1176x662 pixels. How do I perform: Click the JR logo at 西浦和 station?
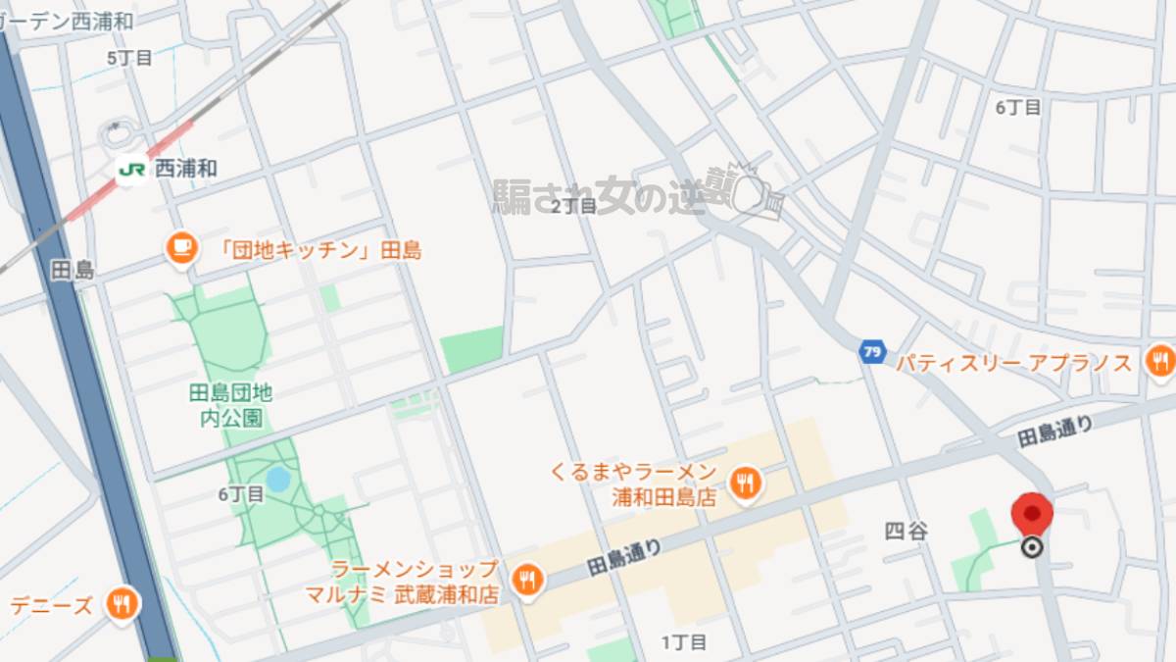[x=131, y=169]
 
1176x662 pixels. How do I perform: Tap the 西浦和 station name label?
[x=186, y=169]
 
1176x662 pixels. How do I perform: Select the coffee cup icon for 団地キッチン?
[x=180, y=249]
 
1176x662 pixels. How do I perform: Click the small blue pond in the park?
[x=278, y=480]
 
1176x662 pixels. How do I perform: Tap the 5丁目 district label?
[x=129, y=58]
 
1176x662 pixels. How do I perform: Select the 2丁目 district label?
[x=573, y=206]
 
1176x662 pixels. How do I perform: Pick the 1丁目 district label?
[x=683, y=642]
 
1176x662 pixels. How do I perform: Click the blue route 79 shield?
[x=871, y=351]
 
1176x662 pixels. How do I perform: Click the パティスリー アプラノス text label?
[x=1014, y=364]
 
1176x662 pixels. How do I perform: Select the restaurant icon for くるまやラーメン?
[x=747, y=484]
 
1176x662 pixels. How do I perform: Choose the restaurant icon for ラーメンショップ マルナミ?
[x=527, y=580]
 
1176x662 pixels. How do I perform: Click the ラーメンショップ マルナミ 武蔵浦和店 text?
[x=415, y=582]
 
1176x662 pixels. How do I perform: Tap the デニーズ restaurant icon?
[x=122, y=604]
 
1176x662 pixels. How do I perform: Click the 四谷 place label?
[x=906, y=532]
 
